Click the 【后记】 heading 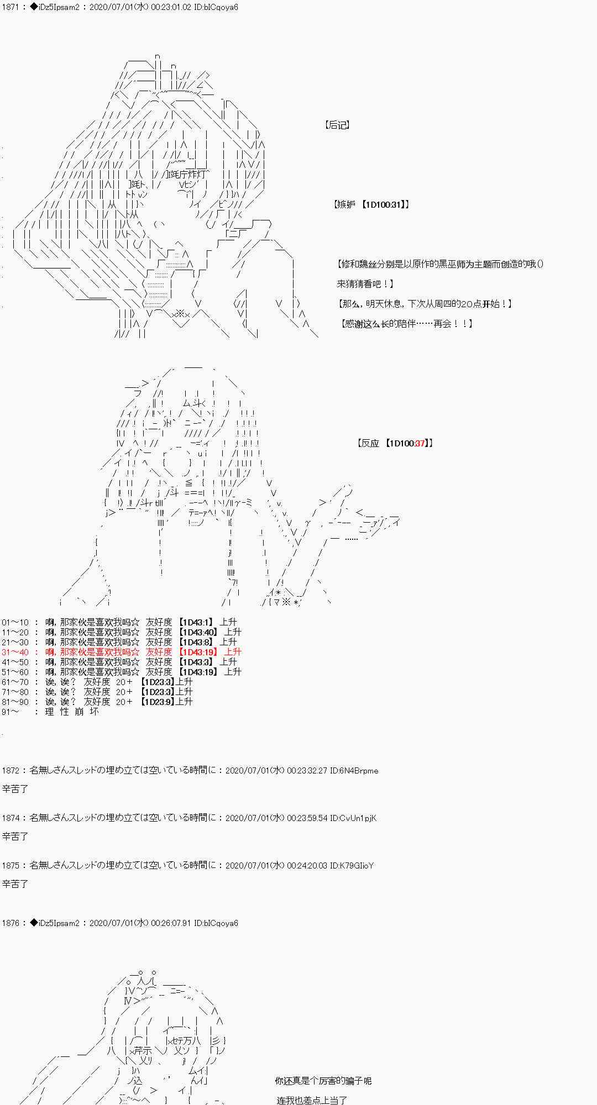337,125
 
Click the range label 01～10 15,622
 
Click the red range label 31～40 15,652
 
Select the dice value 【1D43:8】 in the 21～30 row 196,642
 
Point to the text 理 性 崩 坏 72,712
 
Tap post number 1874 11,818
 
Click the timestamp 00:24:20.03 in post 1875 307,866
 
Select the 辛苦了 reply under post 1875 15,884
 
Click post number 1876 11,923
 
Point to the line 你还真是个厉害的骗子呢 323,1081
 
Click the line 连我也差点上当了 311,1100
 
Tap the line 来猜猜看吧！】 365,284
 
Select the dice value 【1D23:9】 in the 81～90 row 158,702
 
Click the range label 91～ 11,712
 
